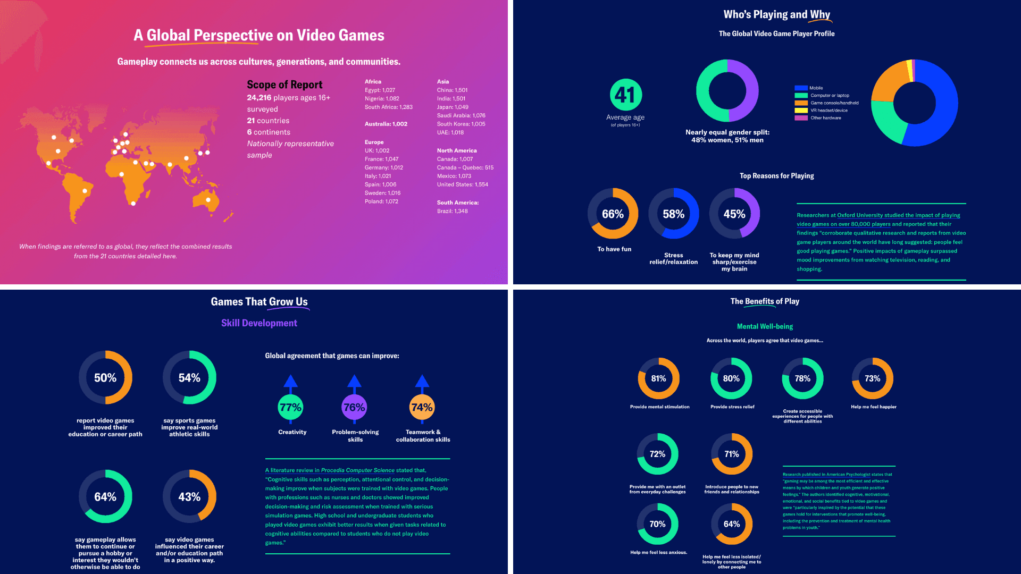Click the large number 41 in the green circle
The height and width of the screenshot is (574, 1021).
pos(625,95)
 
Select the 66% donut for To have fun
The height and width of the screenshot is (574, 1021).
pos(613,214)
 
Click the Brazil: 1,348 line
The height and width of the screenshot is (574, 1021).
pos(452,211)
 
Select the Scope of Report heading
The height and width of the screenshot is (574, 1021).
pos(284,85)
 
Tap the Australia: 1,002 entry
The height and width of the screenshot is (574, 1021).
pos(386,124)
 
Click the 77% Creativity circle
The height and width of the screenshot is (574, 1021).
pos(290,407)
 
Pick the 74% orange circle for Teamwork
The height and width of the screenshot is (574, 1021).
pos(422,407)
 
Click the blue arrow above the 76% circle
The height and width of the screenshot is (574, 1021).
pos(354,381)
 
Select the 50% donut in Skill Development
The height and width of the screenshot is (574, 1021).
pos(105,377)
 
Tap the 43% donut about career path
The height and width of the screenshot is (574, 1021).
pos(189,496)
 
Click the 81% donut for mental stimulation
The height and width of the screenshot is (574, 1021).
pos(658,378)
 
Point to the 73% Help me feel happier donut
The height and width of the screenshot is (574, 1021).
pos(872,378)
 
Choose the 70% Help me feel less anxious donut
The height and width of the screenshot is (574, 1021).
pos(657,524)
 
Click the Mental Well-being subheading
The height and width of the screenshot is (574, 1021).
pos(765,326)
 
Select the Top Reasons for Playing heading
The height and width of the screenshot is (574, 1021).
pos(776,176)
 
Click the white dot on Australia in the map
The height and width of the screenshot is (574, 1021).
pos(208,200)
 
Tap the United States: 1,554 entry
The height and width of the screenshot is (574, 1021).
pos(462,184)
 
